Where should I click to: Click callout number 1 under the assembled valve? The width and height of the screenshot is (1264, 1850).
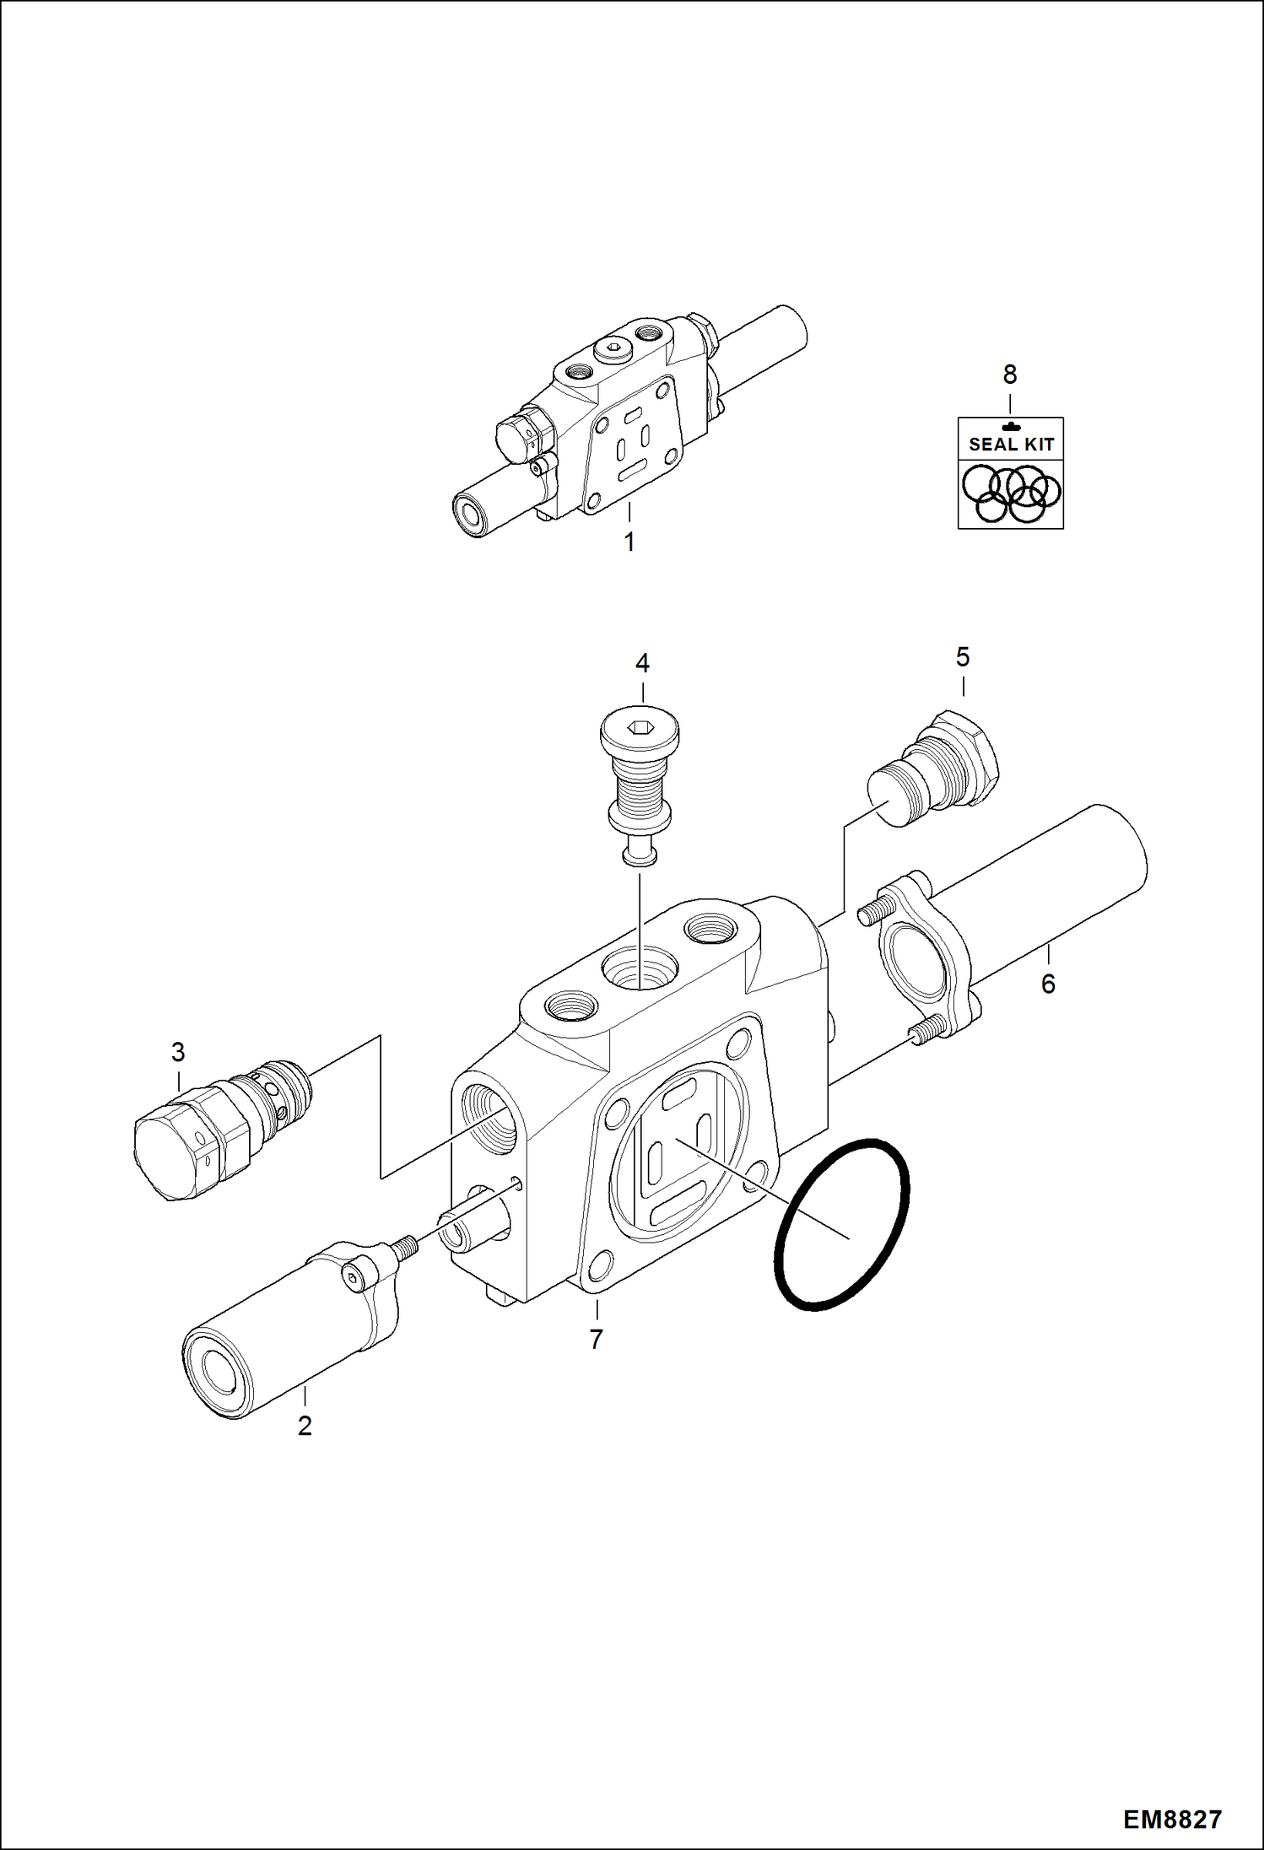(629, 542)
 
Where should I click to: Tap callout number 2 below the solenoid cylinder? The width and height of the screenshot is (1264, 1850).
(305, 1425)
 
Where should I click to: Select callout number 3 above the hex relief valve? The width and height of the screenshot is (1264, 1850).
(178, 1052)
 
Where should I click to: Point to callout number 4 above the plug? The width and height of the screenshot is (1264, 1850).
(642, 663)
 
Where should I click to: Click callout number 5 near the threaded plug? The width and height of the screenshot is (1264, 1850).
(963, 656)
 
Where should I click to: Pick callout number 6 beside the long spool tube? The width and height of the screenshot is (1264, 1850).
(1048, 983)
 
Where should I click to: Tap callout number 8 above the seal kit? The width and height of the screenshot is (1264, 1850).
(1010, 374)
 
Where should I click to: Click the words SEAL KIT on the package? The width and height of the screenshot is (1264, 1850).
(1011, 445)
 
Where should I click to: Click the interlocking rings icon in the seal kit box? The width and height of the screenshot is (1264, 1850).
(1011, 493)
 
